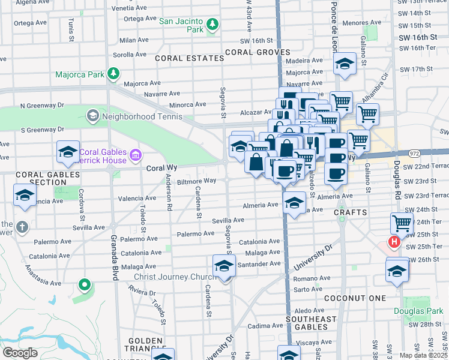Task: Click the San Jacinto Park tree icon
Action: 211,24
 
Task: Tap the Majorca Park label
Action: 79,75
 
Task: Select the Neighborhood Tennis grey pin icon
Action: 92,115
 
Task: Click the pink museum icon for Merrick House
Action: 136,156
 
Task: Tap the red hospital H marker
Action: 394,242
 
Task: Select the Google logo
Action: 20,353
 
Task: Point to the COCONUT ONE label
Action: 355,298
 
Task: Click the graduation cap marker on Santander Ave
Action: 224,265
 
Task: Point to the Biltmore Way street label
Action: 196,181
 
